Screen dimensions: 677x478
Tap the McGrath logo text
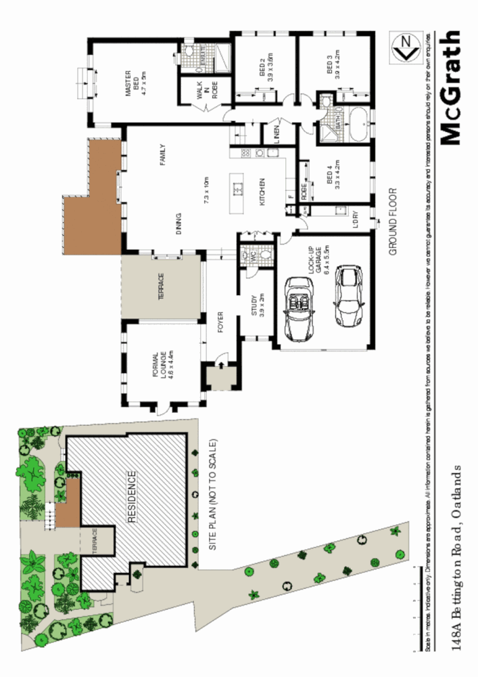pos(450,88)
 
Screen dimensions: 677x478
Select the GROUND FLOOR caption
pos(392,221)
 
